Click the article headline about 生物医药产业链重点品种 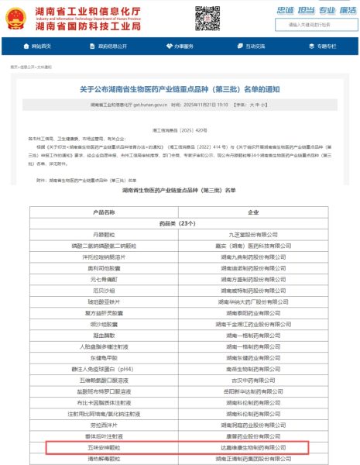tap(179, 90)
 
